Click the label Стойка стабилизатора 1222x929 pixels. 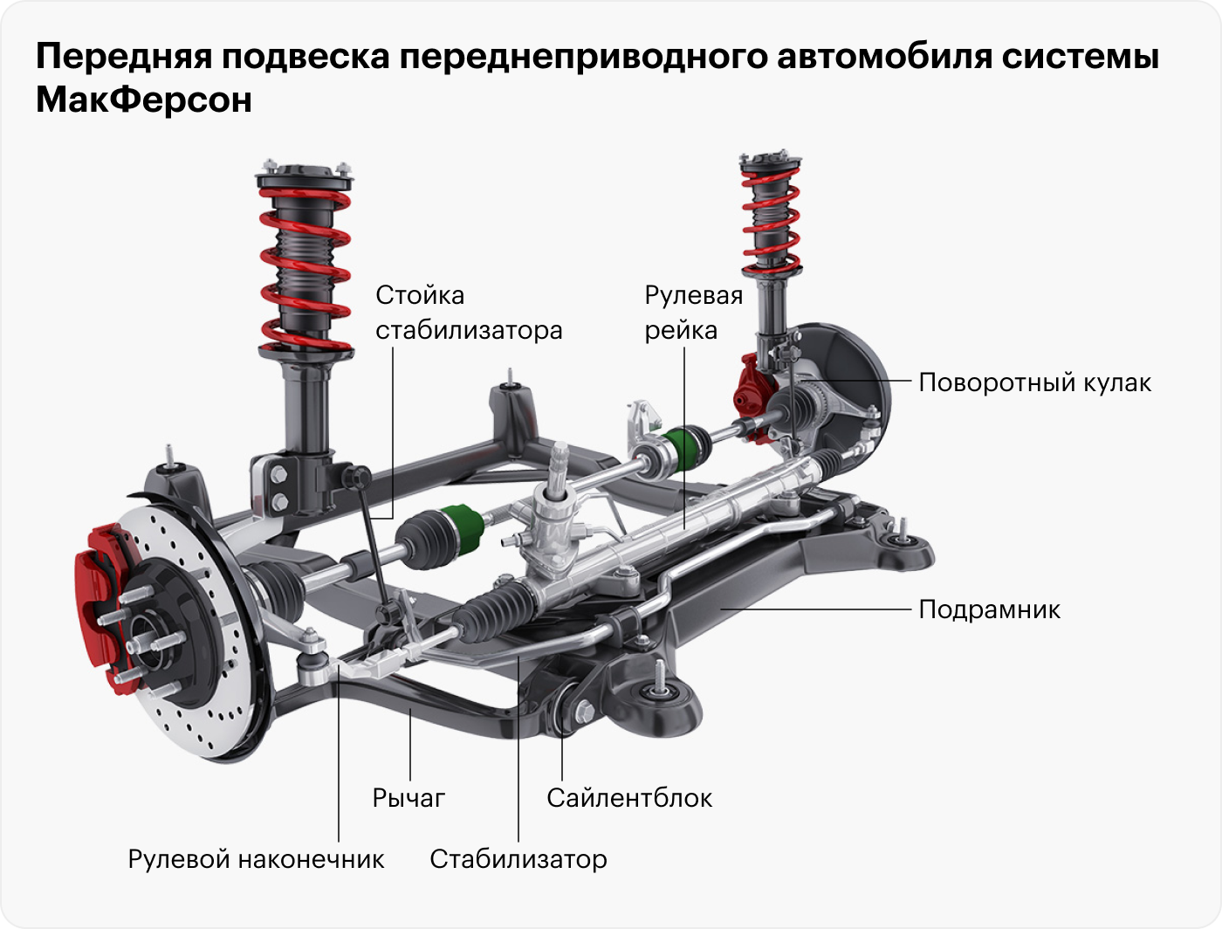[468, 313]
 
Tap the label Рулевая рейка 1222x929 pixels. [693, 313]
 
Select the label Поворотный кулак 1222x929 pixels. [1034, 382]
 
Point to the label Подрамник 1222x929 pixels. [989, 609]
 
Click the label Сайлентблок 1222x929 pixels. [628, 797]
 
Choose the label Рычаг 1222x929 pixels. [408, 797]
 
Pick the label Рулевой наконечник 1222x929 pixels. [256, 858]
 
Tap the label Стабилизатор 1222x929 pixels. [518, 858]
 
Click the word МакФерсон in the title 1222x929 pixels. [144, 100]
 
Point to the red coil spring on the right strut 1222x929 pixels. [770, 218]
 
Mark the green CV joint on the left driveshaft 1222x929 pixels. [460, 530]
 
